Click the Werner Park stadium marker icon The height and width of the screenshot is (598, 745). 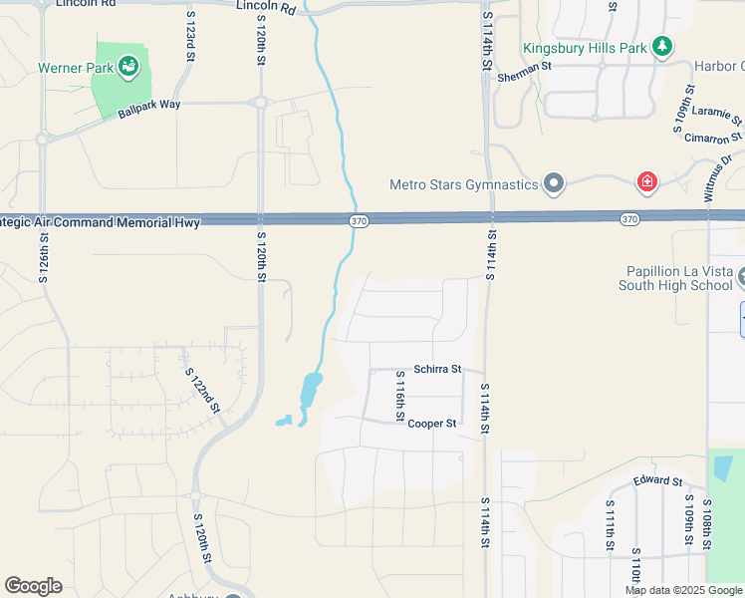click(127, 67)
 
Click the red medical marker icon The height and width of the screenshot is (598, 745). click(647, 182)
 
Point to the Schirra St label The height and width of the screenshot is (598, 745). click(437, 369)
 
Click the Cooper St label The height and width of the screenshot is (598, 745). click(432, 424)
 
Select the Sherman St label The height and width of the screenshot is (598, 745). click(524, 68)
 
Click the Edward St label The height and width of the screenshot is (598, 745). click(657, 482)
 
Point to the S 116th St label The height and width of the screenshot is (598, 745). click(399, 393)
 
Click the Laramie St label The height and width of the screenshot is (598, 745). click(711, 116)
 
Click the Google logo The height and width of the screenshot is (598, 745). click(33, 586)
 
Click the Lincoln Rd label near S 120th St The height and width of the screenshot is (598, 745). click(267, 7)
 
